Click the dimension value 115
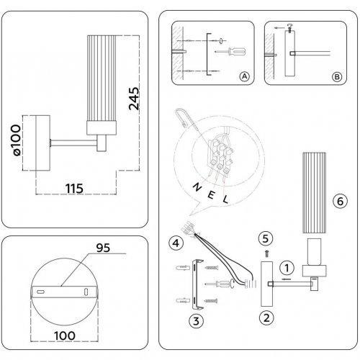[70, 188]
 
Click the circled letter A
[244, 76]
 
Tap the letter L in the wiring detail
[225, 198]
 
